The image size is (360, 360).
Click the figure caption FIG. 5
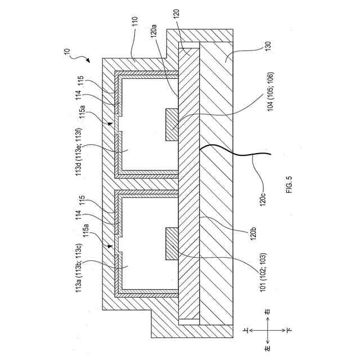click(x=289, y=185)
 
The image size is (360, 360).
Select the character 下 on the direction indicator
click(x=288, y=332)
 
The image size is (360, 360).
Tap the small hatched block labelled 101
click(x=170, y=243)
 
